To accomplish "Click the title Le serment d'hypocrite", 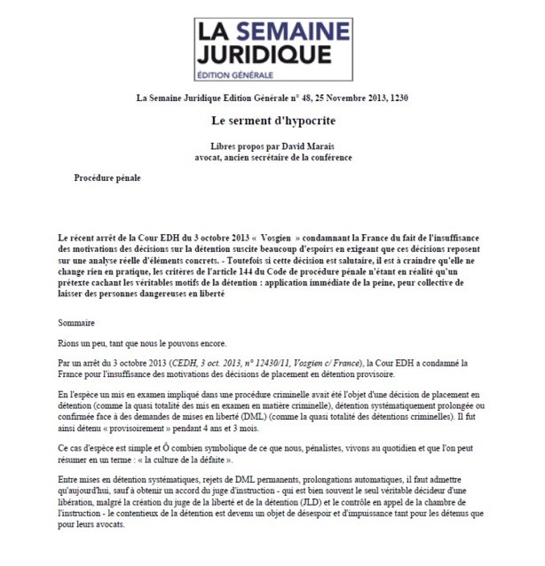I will point(272,118).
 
